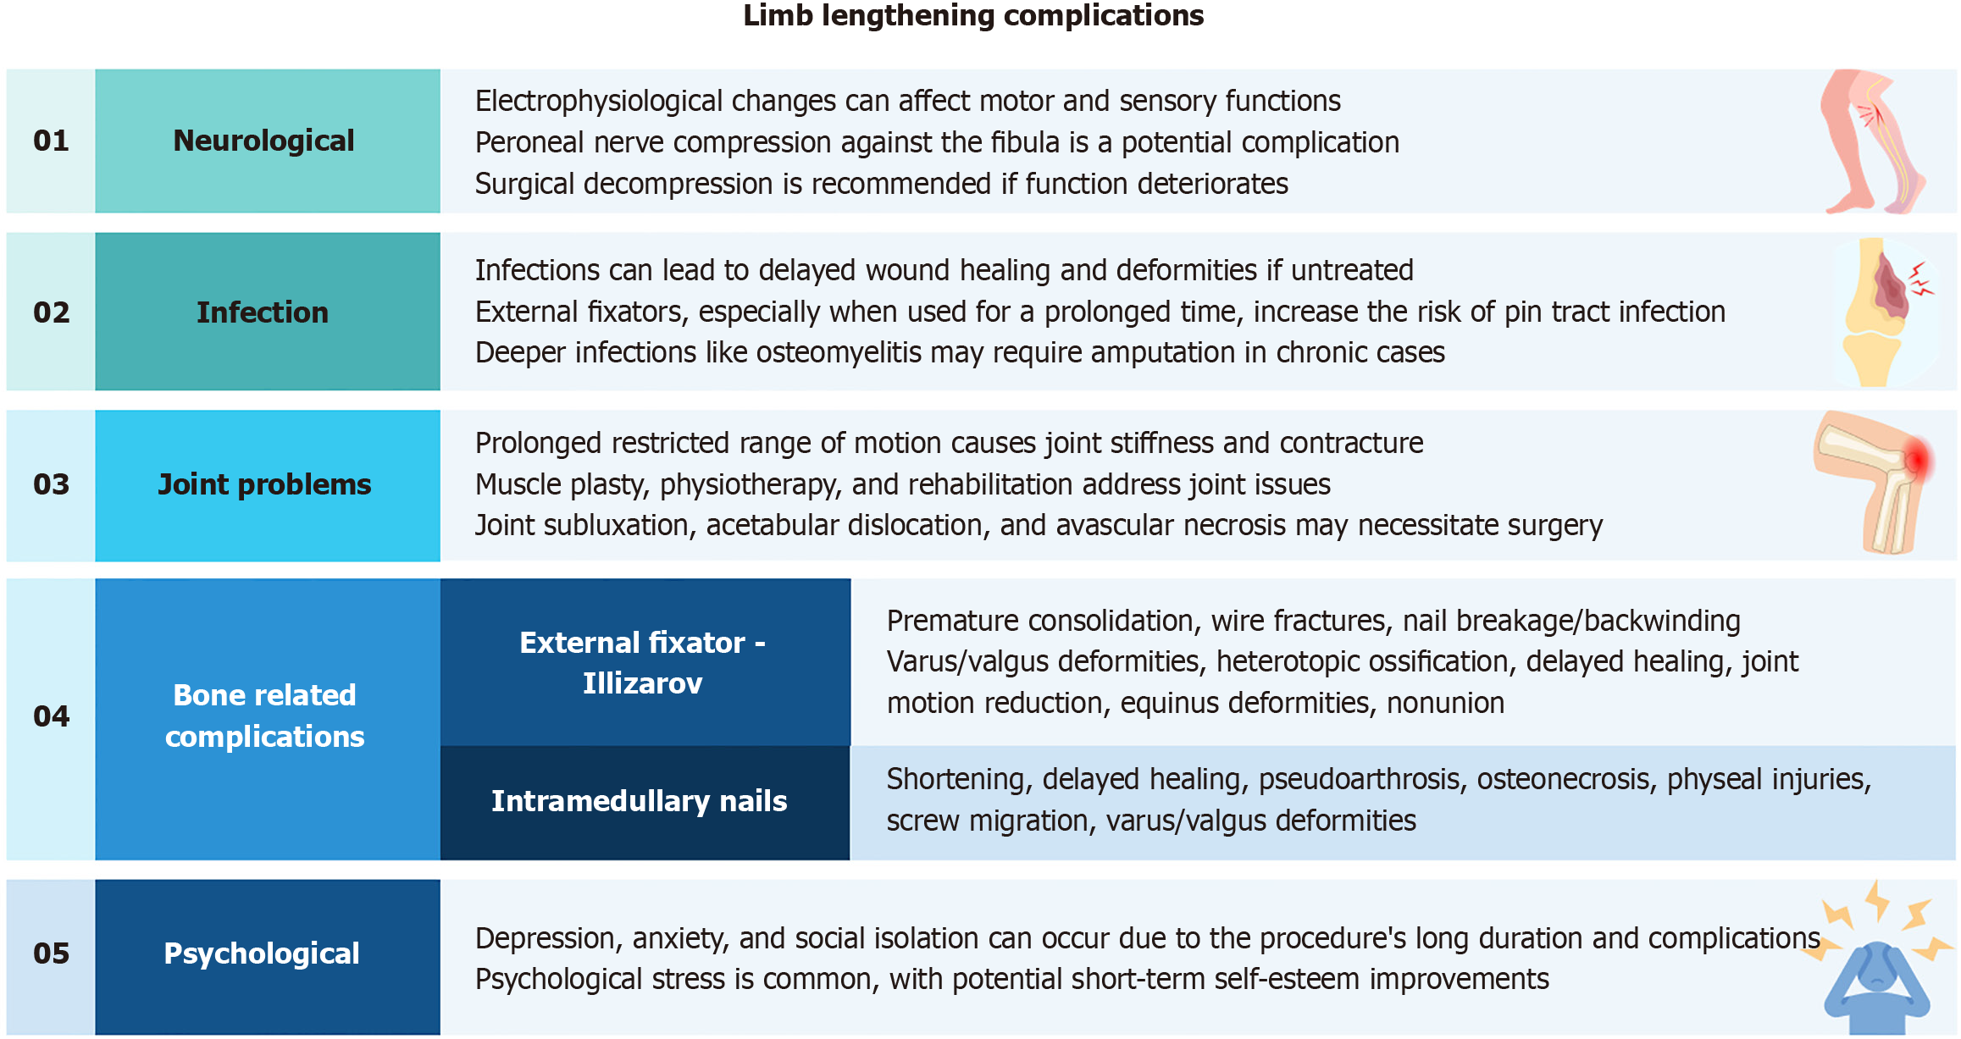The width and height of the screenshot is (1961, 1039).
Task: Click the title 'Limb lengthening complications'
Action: tap(973, 15)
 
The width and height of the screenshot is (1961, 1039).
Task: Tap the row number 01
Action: tap(51, 141)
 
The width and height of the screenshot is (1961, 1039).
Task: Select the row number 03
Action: tap(51, 484)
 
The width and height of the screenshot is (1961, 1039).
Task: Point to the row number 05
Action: tap(51, 953)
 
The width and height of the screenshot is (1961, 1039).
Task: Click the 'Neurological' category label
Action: tap(263, 141)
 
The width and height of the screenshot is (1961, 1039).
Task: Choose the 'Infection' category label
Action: tap(263, 312)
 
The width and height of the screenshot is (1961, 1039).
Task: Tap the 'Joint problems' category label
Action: tap(264, 484)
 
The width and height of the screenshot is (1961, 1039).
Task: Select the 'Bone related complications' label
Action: tap(265, 716)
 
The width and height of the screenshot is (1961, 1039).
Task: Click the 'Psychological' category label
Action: tap(262, 953)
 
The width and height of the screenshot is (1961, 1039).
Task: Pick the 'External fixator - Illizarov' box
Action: tap(645, 662)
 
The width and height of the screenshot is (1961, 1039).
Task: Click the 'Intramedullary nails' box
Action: tap(645, 803)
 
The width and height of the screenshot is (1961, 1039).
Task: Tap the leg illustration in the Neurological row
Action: tap(1873, 141)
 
